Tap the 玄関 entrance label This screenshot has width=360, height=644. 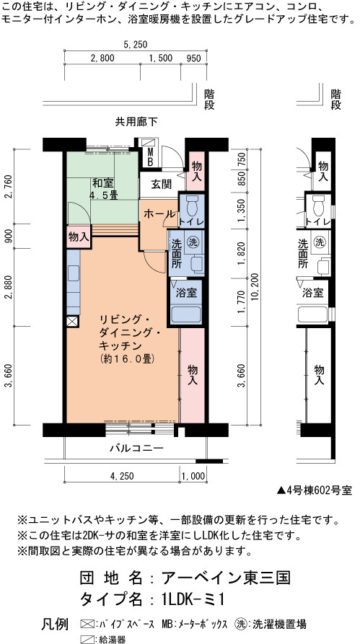coord(161,185)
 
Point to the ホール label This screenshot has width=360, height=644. coord(159,213)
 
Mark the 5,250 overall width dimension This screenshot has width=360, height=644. coord(135,45)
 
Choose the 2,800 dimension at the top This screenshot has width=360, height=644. coord(102,58)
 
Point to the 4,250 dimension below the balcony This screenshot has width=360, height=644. coord(122,476)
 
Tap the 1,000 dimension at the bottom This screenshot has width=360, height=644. coord(193,476)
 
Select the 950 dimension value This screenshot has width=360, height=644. coord(193,58)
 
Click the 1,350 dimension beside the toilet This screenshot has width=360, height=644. coord(242,211)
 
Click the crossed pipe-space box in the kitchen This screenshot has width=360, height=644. coord(73,321)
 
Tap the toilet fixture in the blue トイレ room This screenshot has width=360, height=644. coord(192,206)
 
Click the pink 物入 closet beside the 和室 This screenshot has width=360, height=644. coord(79,237)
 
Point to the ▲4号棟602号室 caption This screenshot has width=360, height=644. coord(315,490)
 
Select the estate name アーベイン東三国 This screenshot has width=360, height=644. coord(227,578)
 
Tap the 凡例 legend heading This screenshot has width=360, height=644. coord(55,625)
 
